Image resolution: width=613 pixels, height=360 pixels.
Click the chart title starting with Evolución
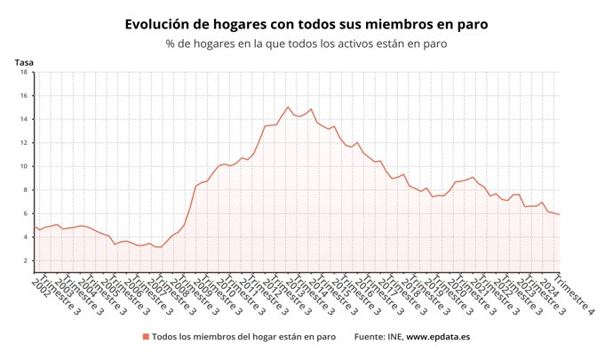tap(306, 24)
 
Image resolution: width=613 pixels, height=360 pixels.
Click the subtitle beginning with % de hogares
tap(306, 43)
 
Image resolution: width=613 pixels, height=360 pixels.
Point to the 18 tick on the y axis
tap(25, 72)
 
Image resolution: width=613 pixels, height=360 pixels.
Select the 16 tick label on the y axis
tap(25, 96)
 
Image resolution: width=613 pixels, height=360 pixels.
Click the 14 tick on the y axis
tap(25, 119)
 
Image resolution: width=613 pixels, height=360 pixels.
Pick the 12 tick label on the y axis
tap(25, 143)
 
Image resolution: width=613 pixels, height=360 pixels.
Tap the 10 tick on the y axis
tap(25, 166)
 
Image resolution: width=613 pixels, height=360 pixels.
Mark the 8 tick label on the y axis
tap(26, 190)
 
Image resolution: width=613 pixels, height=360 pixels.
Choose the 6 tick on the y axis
tap(26, 213)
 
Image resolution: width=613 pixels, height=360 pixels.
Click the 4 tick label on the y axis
tap(26, 237)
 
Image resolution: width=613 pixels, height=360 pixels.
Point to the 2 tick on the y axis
tap(26, 260)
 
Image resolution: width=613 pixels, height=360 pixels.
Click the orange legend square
tap(145, 337)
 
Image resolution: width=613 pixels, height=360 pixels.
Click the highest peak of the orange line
tap(288, 107)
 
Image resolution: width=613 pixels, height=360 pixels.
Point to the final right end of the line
tap(559, 214)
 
